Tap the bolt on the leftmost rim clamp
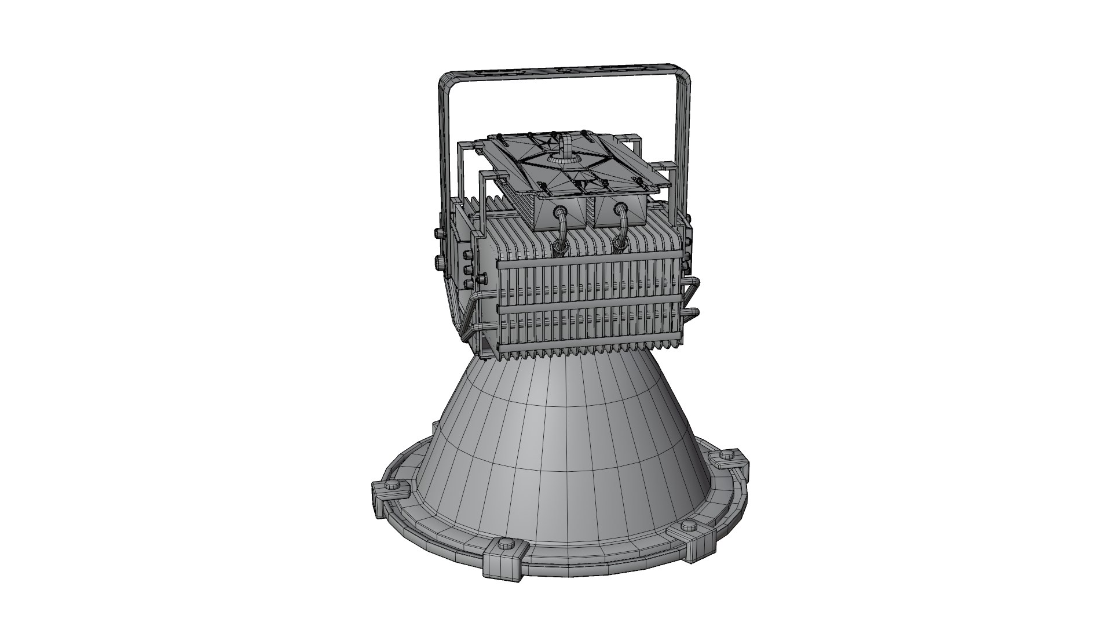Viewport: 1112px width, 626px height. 393,485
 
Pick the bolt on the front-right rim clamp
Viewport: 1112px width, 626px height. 688,526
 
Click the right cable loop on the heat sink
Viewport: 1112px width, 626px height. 621,235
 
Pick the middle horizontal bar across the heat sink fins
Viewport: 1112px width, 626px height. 585,309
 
